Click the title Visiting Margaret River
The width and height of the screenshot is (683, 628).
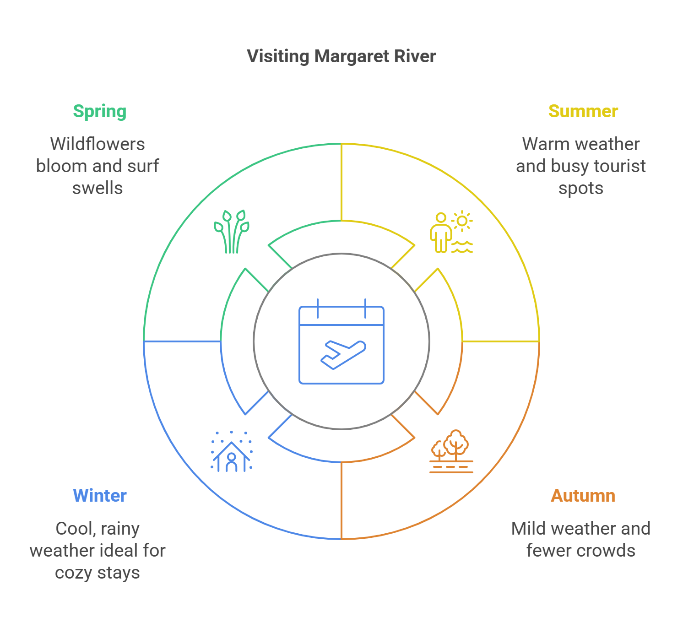(341, 56)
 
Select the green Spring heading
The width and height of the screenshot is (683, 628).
(100, 112)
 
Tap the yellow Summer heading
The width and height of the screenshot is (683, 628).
(583, 111)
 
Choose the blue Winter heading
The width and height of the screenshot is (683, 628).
(100, 496)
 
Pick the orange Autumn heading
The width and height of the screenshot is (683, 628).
(583, 496)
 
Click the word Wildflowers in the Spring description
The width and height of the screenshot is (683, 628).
(98, 144)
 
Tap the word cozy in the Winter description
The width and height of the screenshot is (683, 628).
(74, 573)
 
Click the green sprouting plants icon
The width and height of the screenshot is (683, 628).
(232, 232)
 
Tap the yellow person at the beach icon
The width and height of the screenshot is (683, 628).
(451, 232)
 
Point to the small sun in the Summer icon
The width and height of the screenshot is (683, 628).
(462, 221)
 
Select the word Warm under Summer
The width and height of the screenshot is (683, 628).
(543, 144)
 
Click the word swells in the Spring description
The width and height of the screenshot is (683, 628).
(98, 188)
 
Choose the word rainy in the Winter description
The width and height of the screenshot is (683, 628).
(120, 529)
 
